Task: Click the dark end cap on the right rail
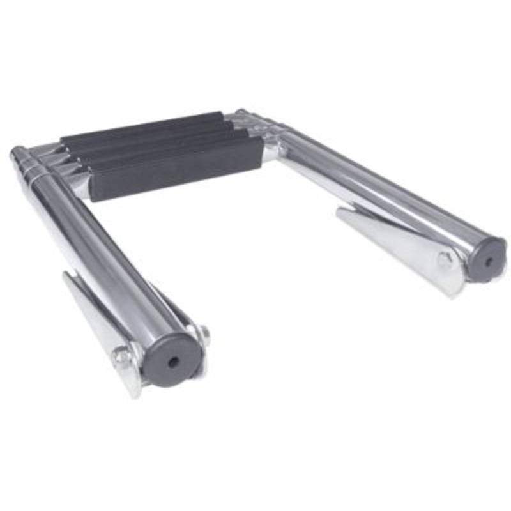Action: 487,261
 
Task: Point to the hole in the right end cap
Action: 489,261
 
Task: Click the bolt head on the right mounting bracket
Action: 445,260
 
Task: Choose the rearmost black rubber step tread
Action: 141,126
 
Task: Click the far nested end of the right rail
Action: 241,114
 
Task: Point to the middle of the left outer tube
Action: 96,256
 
